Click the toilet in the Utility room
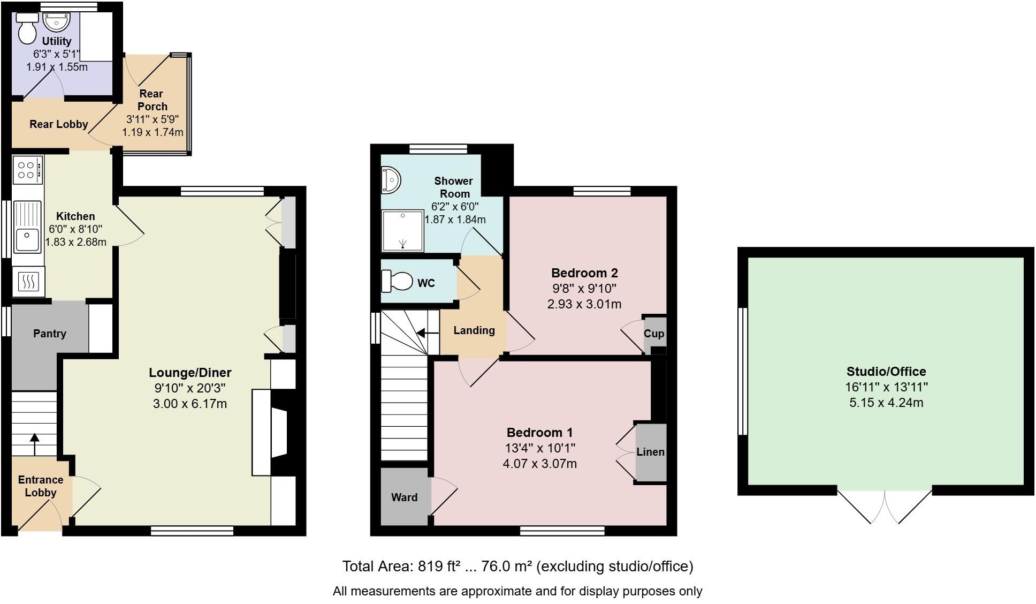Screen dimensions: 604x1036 [x=26, y=28]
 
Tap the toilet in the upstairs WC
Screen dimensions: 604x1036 [x=397, y=281]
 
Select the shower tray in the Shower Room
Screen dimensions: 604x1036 [x=402, y=230]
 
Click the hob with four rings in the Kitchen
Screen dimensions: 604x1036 [x=27, y=170]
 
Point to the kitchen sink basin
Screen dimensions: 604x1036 [x=27, y=240]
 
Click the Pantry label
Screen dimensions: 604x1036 [x=50, y=334]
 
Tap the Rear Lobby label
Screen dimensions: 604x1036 [x=58, y=124]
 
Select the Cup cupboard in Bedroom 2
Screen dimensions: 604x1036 [x=654, y=334]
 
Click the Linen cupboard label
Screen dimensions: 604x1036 [x=650, y=452]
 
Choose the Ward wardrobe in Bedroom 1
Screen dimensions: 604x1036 [x=404, y=497]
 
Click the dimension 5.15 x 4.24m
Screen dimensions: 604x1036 [x=886, y=403]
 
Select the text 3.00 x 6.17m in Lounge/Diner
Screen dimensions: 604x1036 [x=189, y=404]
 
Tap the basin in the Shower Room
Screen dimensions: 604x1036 [x=390, y=179]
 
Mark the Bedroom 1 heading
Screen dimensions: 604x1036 [x=539, y=432]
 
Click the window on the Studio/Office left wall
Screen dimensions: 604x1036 [x=742, y=371]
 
